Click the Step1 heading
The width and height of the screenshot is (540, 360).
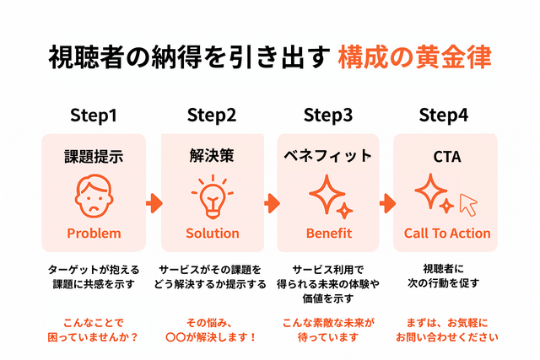[x=94, y=115]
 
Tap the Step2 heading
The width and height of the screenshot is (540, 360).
[x=212, y=115]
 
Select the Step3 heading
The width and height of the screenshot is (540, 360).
[x=328, y=115]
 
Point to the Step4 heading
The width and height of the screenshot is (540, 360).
[x=445, y=115]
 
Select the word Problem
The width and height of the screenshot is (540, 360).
[x=94, y=233]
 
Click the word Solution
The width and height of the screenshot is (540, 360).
[x=212, y=233]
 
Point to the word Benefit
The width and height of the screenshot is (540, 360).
[x=328, y=233]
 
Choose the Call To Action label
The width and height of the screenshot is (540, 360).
[x=446, y=233]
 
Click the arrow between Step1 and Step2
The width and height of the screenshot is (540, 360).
[x=153, y=203]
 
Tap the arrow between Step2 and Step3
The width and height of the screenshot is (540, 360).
[x=271, y=203]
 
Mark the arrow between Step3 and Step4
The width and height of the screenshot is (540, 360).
[x=387, y=203]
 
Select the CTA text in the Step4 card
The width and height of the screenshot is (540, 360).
[x=445, y=156]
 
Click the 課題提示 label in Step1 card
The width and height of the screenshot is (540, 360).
[x=94, y=156]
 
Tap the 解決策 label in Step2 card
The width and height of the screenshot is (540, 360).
[x=212, y=156]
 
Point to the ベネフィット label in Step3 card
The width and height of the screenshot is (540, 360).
[x=329, y=156]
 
